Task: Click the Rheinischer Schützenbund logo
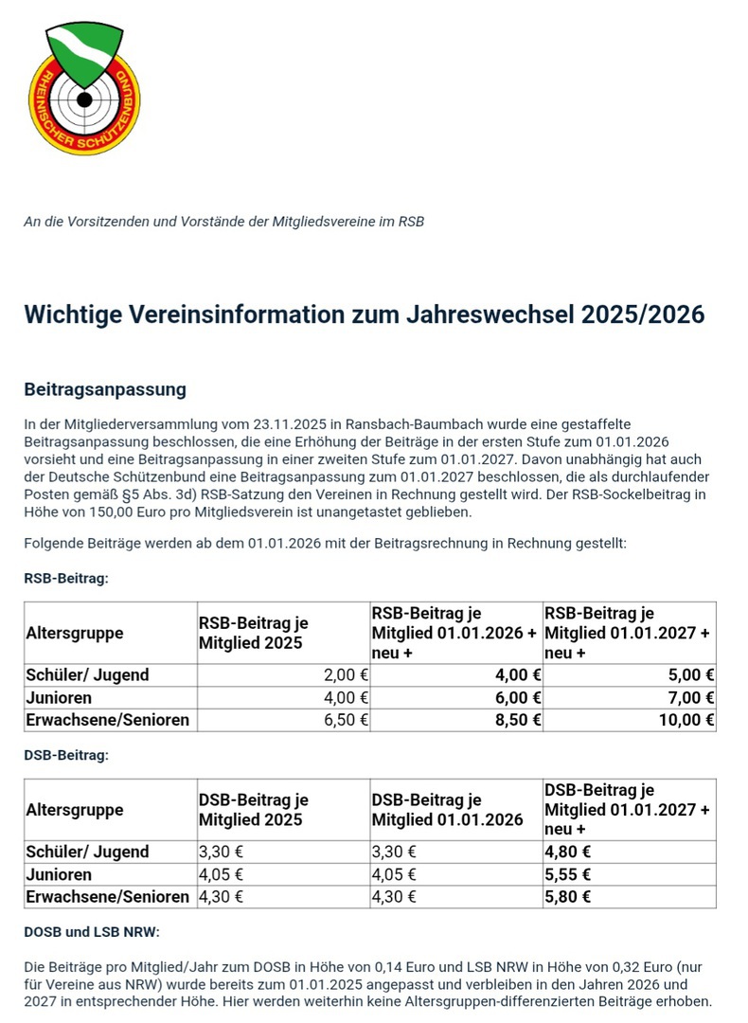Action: pyautogui.click(x=84, y=89)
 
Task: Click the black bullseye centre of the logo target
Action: pyautogui.click(x=83, y=99)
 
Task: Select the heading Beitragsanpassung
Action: pyautogui.click(x=104, y=389)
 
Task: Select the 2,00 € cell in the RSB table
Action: pyautogui.click(x=346, y=675)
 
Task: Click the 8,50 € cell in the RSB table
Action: pyautogui.click(x=519, y=720)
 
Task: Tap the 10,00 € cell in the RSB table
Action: pyautogui.click(x=689, y=720)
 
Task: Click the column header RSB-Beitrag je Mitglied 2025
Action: pyautogui.click(x=253, y=634)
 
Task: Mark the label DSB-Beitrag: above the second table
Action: pyautogui.click(x=66, y=755)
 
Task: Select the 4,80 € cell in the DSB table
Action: pyautogui.click(x=568, y=852)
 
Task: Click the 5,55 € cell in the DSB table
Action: pyautogui.click(x=568, y=874)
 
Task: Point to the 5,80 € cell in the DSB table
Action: pyautogui.click(x=568, y=896)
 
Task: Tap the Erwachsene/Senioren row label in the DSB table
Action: pyautogui.click(x=107, y=896)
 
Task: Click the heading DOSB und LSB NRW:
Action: pyautogui.click(x=91, y=932)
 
